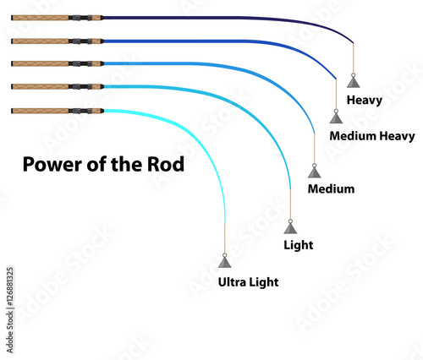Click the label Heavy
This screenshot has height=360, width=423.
pos(371,101)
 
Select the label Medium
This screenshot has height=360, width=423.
pos(331,188)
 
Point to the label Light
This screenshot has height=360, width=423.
pos(299,245)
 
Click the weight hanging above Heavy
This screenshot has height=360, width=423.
pos(353,79)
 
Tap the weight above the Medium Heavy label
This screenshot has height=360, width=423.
pos(336,116)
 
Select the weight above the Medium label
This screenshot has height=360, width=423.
pos(315,172)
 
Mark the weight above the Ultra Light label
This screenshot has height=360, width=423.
pos(224,263)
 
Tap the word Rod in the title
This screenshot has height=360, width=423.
pos(166,163)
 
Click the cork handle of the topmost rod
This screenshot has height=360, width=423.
pos(38,17)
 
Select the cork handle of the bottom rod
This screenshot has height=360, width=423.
pos(38,111)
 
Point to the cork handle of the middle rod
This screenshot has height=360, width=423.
pos(38,63)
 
